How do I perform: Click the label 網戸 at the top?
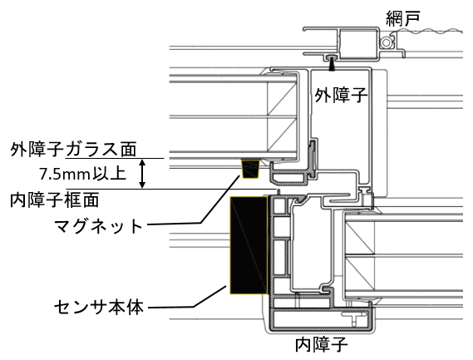pos(403,17)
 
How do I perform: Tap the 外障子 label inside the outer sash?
pos(341,95)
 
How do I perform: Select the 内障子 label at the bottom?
pos(322,344)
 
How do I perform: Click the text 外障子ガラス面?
pos(73,149)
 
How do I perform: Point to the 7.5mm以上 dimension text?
pos(82,174)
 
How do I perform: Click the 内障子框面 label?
pos(55,200)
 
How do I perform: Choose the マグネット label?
pos(98,225)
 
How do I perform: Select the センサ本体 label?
pos(99,307)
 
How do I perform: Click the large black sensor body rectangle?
pos(249,245)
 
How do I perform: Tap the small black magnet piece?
pos(251,169)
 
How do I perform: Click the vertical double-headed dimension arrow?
pos(142,174)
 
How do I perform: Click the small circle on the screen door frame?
pos(386,42)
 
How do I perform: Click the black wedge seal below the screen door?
pos(332,63)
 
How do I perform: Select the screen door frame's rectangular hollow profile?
pos(358,43)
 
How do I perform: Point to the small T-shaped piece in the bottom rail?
pos(354,318)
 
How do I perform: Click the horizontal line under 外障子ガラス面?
pos(115,158)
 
